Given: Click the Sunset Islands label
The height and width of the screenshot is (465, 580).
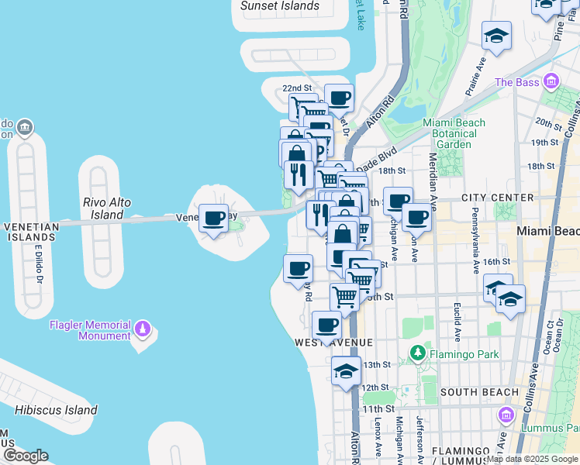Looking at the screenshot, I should pos(279,6).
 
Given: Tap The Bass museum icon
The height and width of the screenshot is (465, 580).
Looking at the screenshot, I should pos(551,81).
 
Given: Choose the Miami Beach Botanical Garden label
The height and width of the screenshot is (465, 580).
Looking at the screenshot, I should pos(454,133).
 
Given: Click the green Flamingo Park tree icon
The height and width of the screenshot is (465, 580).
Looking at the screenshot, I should pos(417,354).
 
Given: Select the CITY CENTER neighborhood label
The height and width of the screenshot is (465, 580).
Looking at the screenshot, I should pos(497,198).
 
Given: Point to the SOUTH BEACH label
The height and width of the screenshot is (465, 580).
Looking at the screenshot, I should pos(474,392).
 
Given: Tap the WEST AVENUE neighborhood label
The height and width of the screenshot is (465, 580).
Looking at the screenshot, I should pos(333,342).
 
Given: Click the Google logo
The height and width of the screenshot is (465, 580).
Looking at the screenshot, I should pos(26,456).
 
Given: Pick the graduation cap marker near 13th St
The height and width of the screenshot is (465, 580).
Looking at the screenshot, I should pos(346,370).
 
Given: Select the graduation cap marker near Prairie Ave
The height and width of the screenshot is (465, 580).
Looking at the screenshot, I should pos(496,36).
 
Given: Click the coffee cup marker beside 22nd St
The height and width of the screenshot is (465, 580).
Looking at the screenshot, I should pos(339,98).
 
